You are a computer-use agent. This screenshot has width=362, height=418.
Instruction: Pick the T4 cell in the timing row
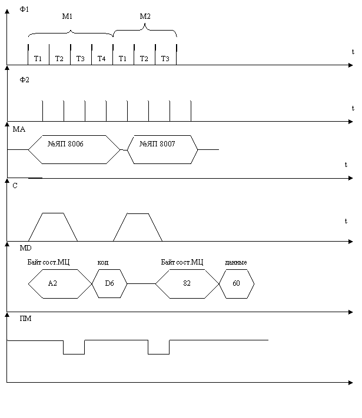(102, 58)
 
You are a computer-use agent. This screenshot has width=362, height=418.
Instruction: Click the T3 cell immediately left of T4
(81, 58)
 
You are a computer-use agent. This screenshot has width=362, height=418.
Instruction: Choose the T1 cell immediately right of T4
(123, 58)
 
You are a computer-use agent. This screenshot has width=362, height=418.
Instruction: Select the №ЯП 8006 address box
(66, 145)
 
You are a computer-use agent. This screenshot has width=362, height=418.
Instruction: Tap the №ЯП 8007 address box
(158, 145)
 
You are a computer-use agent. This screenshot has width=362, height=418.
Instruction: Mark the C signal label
(17, 186)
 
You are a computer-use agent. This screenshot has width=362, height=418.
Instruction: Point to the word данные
(236, 262)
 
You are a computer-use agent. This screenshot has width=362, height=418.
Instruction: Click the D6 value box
(109, 284)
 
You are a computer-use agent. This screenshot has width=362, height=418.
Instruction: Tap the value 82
(187, 284)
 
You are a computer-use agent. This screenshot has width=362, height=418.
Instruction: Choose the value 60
(236, 284)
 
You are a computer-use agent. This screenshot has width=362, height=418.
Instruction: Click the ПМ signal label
(28, 319)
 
